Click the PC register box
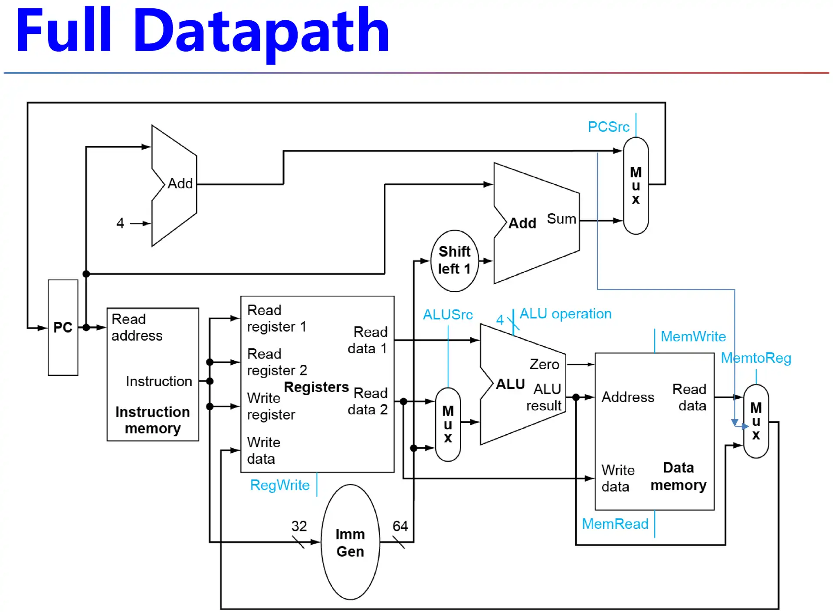63,327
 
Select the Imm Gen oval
350,542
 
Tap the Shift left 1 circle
454,260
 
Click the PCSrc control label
608,127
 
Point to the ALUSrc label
448,315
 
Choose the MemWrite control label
693,336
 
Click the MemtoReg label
756,358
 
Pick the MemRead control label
615,524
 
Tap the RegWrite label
280,485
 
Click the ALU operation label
565,314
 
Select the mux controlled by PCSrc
636,186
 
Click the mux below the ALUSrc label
448,424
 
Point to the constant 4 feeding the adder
120,223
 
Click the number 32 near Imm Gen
299,526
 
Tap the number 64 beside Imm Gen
400,526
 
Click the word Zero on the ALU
544,365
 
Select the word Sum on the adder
561,219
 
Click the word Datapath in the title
262,31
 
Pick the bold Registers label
316,387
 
